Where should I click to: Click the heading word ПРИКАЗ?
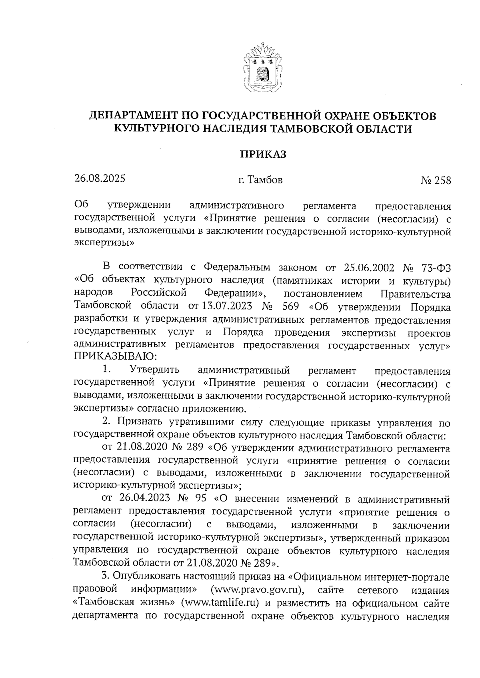click(x=263, y=155)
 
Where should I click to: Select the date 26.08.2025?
click(x=100, y=178)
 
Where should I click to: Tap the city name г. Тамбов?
click(x=260, y=180)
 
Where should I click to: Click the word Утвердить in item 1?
click(x=154, y=370)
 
